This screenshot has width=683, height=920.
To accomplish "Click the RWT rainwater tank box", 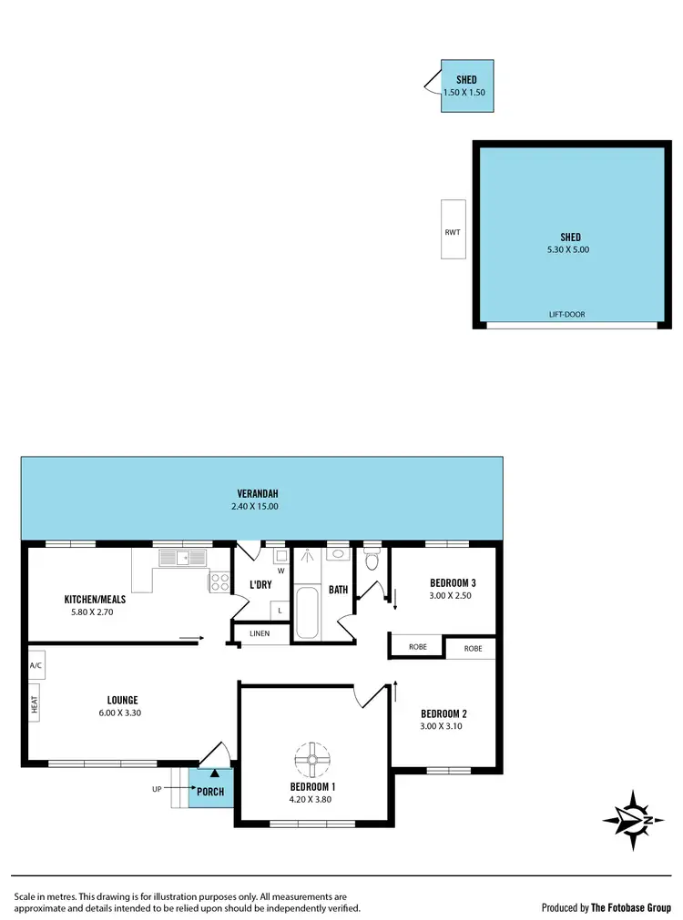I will point(453,229).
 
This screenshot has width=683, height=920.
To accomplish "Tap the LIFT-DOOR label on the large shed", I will point(566,315).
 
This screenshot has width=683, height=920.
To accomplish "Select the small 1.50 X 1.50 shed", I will point(467,86).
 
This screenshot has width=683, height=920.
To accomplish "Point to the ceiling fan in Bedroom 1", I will point(311,757).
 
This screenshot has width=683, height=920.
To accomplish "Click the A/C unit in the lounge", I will point(36,664).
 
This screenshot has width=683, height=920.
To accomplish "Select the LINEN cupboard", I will point(260,632).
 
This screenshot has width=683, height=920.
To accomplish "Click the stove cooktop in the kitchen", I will point(219,581).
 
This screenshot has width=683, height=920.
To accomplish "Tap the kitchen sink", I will point(182,557).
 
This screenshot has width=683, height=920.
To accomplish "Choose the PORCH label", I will point(210,792).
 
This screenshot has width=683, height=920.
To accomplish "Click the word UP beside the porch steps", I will point(157,789).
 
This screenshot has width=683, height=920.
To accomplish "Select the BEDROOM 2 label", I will point(443,713).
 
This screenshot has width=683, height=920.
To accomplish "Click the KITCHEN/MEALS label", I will point(95,600).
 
